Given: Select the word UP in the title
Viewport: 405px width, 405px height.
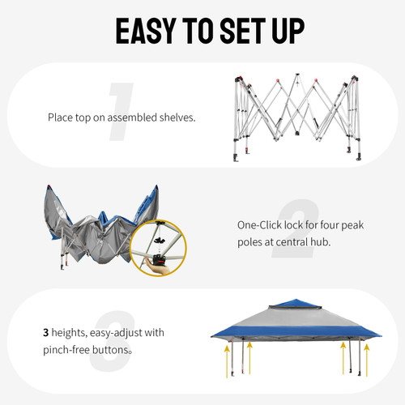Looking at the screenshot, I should (x=284, y=30).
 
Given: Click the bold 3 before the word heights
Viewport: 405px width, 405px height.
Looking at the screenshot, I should (x=46, y=333).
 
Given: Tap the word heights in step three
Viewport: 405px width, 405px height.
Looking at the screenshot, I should (x=73, y=333).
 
